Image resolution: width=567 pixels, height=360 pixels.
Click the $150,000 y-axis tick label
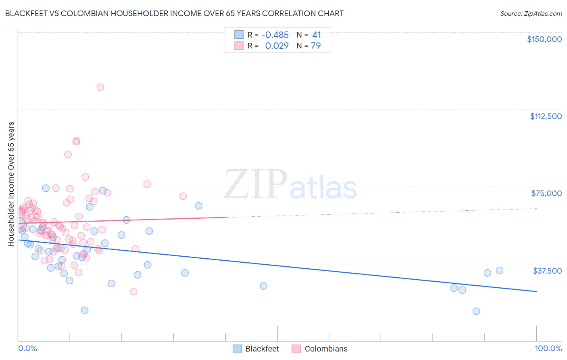544,39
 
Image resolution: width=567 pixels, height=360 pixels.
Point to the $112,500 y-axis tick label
546,116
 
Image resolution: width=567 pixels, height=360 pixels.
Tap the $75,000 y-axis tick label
546,193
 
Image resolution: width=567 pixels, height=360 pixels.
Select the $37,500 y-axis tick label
547,271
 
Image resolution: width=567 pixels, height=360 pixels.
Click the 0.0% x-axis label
27,348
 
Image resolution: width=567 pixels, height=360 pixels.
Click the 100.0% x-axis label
548,348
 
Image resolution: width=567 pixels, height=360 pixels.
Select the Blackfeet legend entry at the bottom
256,349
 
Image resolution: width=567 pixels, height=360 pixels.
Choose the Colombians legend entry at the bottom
319,349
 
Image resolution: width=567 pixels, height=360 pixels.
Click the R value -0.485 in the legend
275,35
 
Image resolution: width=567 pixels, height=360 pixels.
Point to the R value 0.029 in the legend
277,46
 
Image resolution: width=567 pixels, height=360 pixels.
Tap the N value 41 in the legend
317,35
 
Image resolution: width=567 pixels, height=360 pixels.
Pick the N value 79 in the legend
316,46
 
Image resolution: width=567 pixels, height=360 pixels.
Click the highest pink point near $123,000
100,87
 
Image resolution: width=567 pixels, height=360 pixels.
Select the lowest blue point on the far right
476,311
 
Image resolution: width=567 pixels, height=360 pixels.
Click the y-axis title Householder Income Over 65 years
11,184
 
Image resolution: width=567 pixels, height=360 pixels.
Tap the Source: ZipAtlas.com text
531,14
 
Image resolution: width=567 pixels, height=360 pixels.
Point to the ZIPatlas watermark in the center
290,184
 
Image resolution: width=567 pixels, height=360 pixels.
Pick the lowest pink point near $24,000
133,292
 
